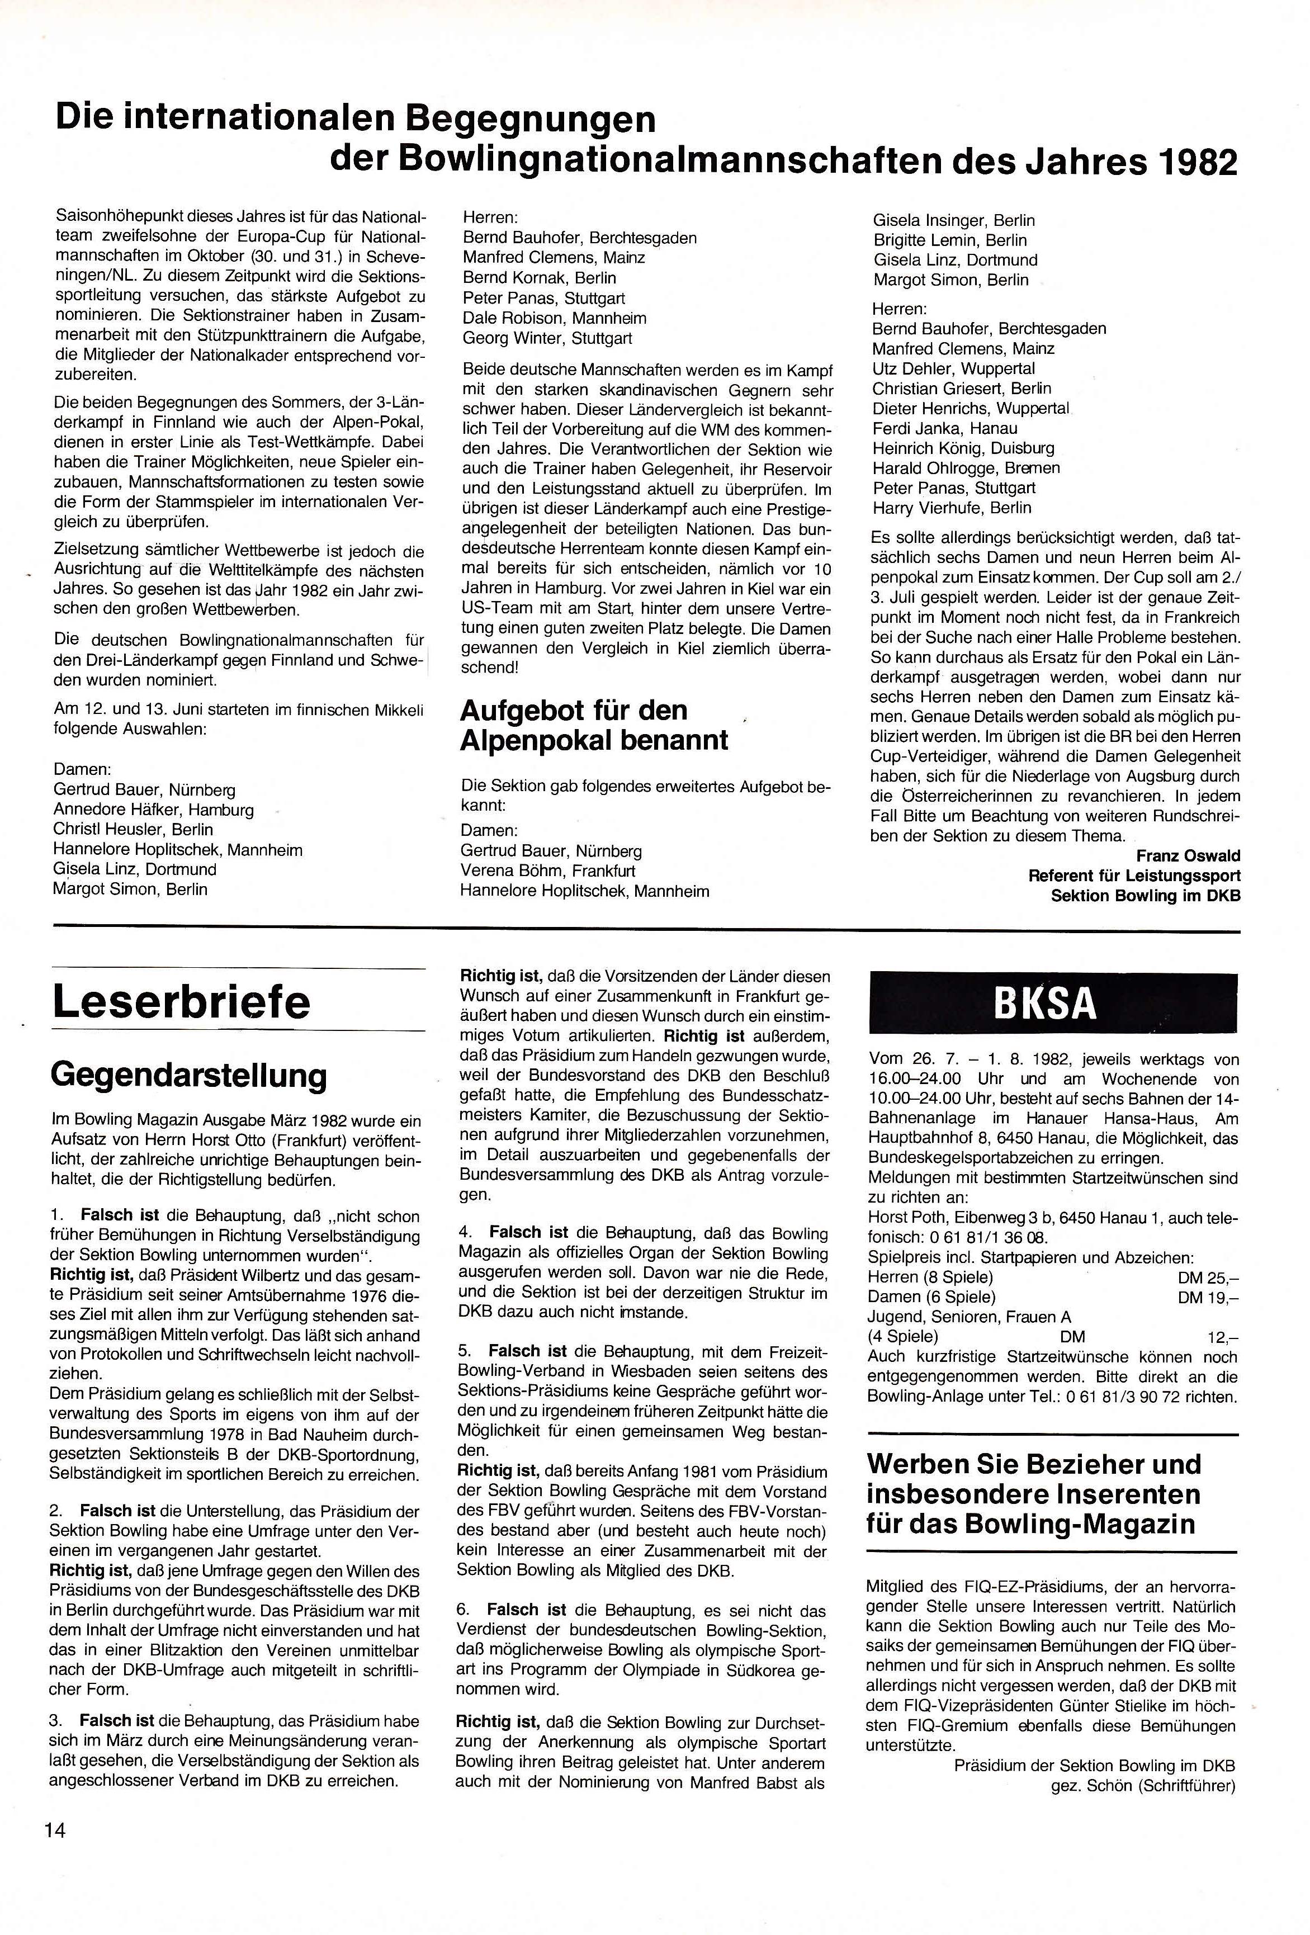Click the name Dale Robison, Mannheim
click(554, 318)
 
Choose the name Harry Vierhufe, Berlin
click(951, 508)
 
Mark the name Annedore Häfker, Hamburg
click(153, 810)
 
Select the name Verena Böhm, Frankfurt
click(547, 871)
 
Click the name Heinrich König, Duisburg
click(963, 448)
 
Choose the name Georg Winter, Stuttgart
click(547, 338)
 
